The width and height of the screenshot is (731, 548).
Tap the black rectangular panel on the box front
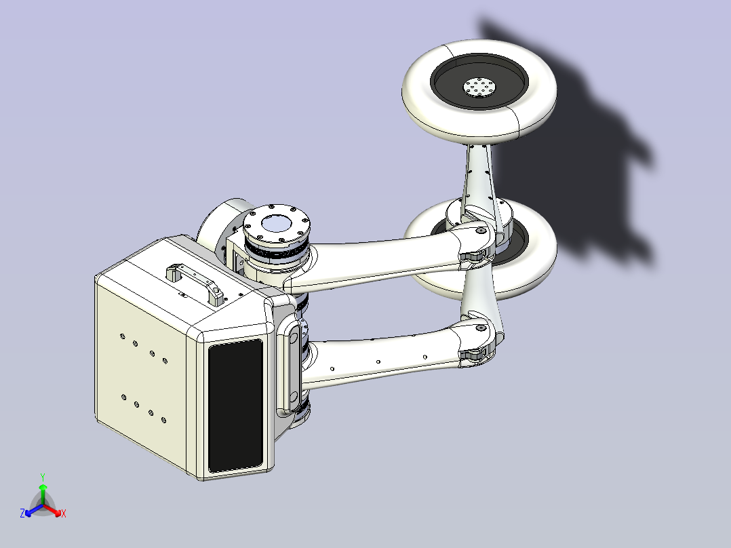235,405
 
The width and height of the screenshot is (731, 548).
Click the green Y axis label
43,477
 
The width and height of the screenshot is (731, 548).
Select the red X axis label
64,513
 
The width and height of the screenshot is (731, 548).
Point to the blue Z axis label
22,513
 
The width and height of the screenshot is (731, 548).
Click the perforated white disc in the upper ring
479,87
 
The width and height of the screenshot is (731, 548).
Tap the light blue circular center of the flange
277,224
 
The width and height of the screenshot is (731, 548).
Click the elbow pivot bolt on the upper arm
481,231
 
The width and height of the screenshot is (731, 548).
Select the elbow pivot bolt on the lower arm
481,328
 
